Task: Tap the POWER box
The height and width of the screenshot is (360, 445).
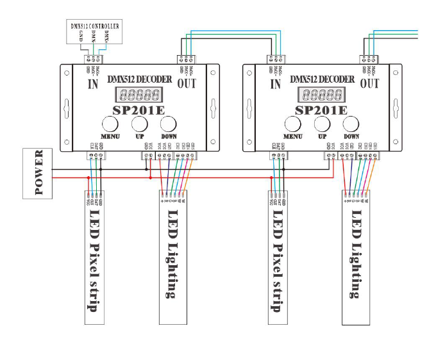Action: click(x=37, y=172)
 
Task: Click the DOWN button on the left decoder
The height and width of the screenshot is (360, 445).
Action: click(x=168, y=124)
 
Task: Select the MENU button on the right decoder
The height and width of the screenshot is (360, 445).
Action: click(x=292, y=124)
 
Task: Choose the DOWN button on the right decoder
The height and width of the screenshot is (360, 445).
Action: click(x=351, y=124)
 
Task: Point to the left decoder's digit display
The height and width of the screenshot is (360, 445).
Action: click(x=139, y=95)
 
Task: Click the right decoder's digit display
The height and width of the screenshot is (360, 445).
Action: click(x=323, y=95)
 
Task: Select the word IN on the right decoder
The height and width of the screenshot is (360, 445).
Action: click(x=276, y=83)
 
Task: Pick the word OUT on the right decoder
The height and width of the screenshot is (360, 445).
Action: click(x=369, y=83)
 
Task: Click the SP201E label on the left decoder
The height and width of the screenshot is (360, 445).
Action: click(x=139, y=110)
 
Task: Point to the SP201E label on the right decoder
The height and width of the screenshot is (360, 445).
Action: click(x=323, y=110)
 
